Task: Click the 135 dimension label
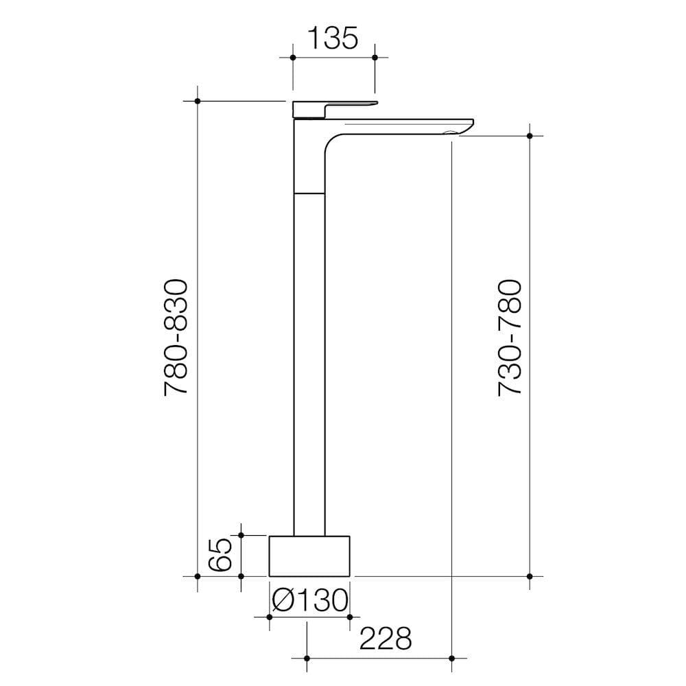click(332, 38)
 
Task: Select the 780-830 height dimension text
click(176, 337)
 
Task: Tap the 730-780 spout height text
click(510, 337)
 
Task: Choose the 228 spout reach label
click(387, 638)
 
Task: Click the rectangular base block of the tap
click(309, 555)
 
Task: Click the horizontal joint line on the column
click(309, 193)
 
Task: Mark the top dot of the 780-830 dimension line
click(198, 102)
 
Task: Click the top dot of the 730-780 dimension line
click(530, 136)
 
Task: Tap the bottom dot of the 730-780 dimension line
click(530, 576)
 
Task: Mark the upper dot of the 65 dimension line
click(241, 534)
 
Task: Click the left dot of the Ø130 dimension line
click(269, 617)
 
